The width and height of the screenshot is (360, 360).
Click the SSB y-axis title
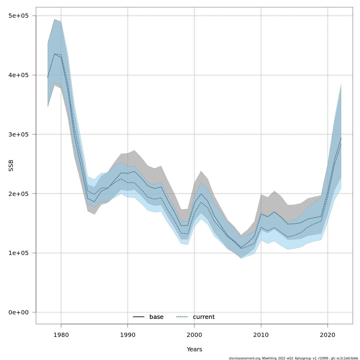[x=11, y=165]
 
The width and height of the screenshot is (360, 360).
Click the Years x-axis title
[x=194, y=349]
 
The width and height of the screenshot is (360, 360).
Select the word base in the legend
[x=156, y=317]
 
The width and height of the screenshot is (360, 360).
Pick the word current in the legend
[x=204, y=317]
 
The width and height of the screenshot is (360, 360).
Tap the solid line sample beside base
[x=139, y=317]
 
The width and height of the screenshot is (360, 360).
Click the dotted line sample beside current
[x=182, y=317]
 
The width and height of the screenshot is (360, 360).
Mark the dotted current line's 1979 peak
[x=54, y=54]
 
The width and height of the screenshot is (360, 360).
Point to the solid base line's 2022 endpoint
[x=341, y=138]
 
